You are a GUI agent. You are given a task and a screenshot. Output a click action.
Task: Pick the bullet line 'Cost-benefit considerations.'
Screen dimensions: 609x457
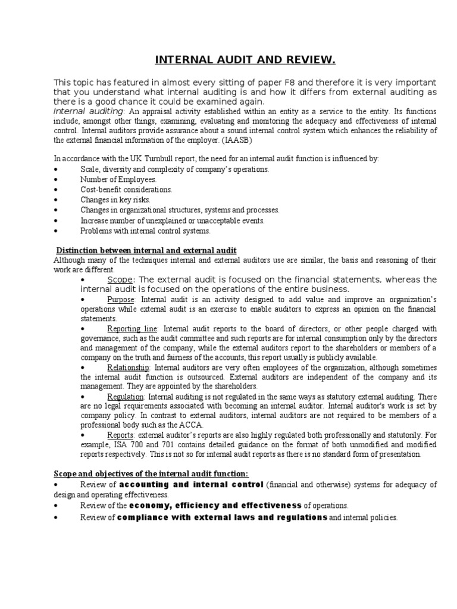pos(127,190)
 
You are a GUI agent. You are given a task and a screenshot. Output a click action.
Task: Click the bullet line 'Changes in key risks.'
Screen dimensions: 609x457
pos(115,200)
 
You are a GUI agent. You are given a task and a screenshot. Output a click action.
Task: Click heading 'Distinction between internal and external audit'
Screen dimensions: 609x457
pos(146,250)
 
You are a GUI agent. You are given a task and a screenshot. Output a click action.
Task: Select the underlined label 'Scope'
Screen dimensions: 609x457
pos(121,280)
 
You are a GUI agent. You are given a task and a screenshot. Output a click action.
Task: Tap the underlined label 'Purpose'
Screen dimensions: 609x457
pos(121,300)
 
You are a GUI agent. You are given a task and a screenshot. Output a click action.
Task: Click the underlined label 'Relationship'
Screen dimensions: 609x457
pos(128,367)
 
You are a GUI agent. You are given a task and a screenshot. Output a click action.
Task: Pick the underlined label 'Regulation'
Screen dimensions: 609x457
pos(126,396)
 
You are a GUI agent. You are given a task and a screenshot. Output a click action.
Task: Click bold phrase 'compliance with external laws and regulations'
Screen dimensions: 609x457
pos(223,517)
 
